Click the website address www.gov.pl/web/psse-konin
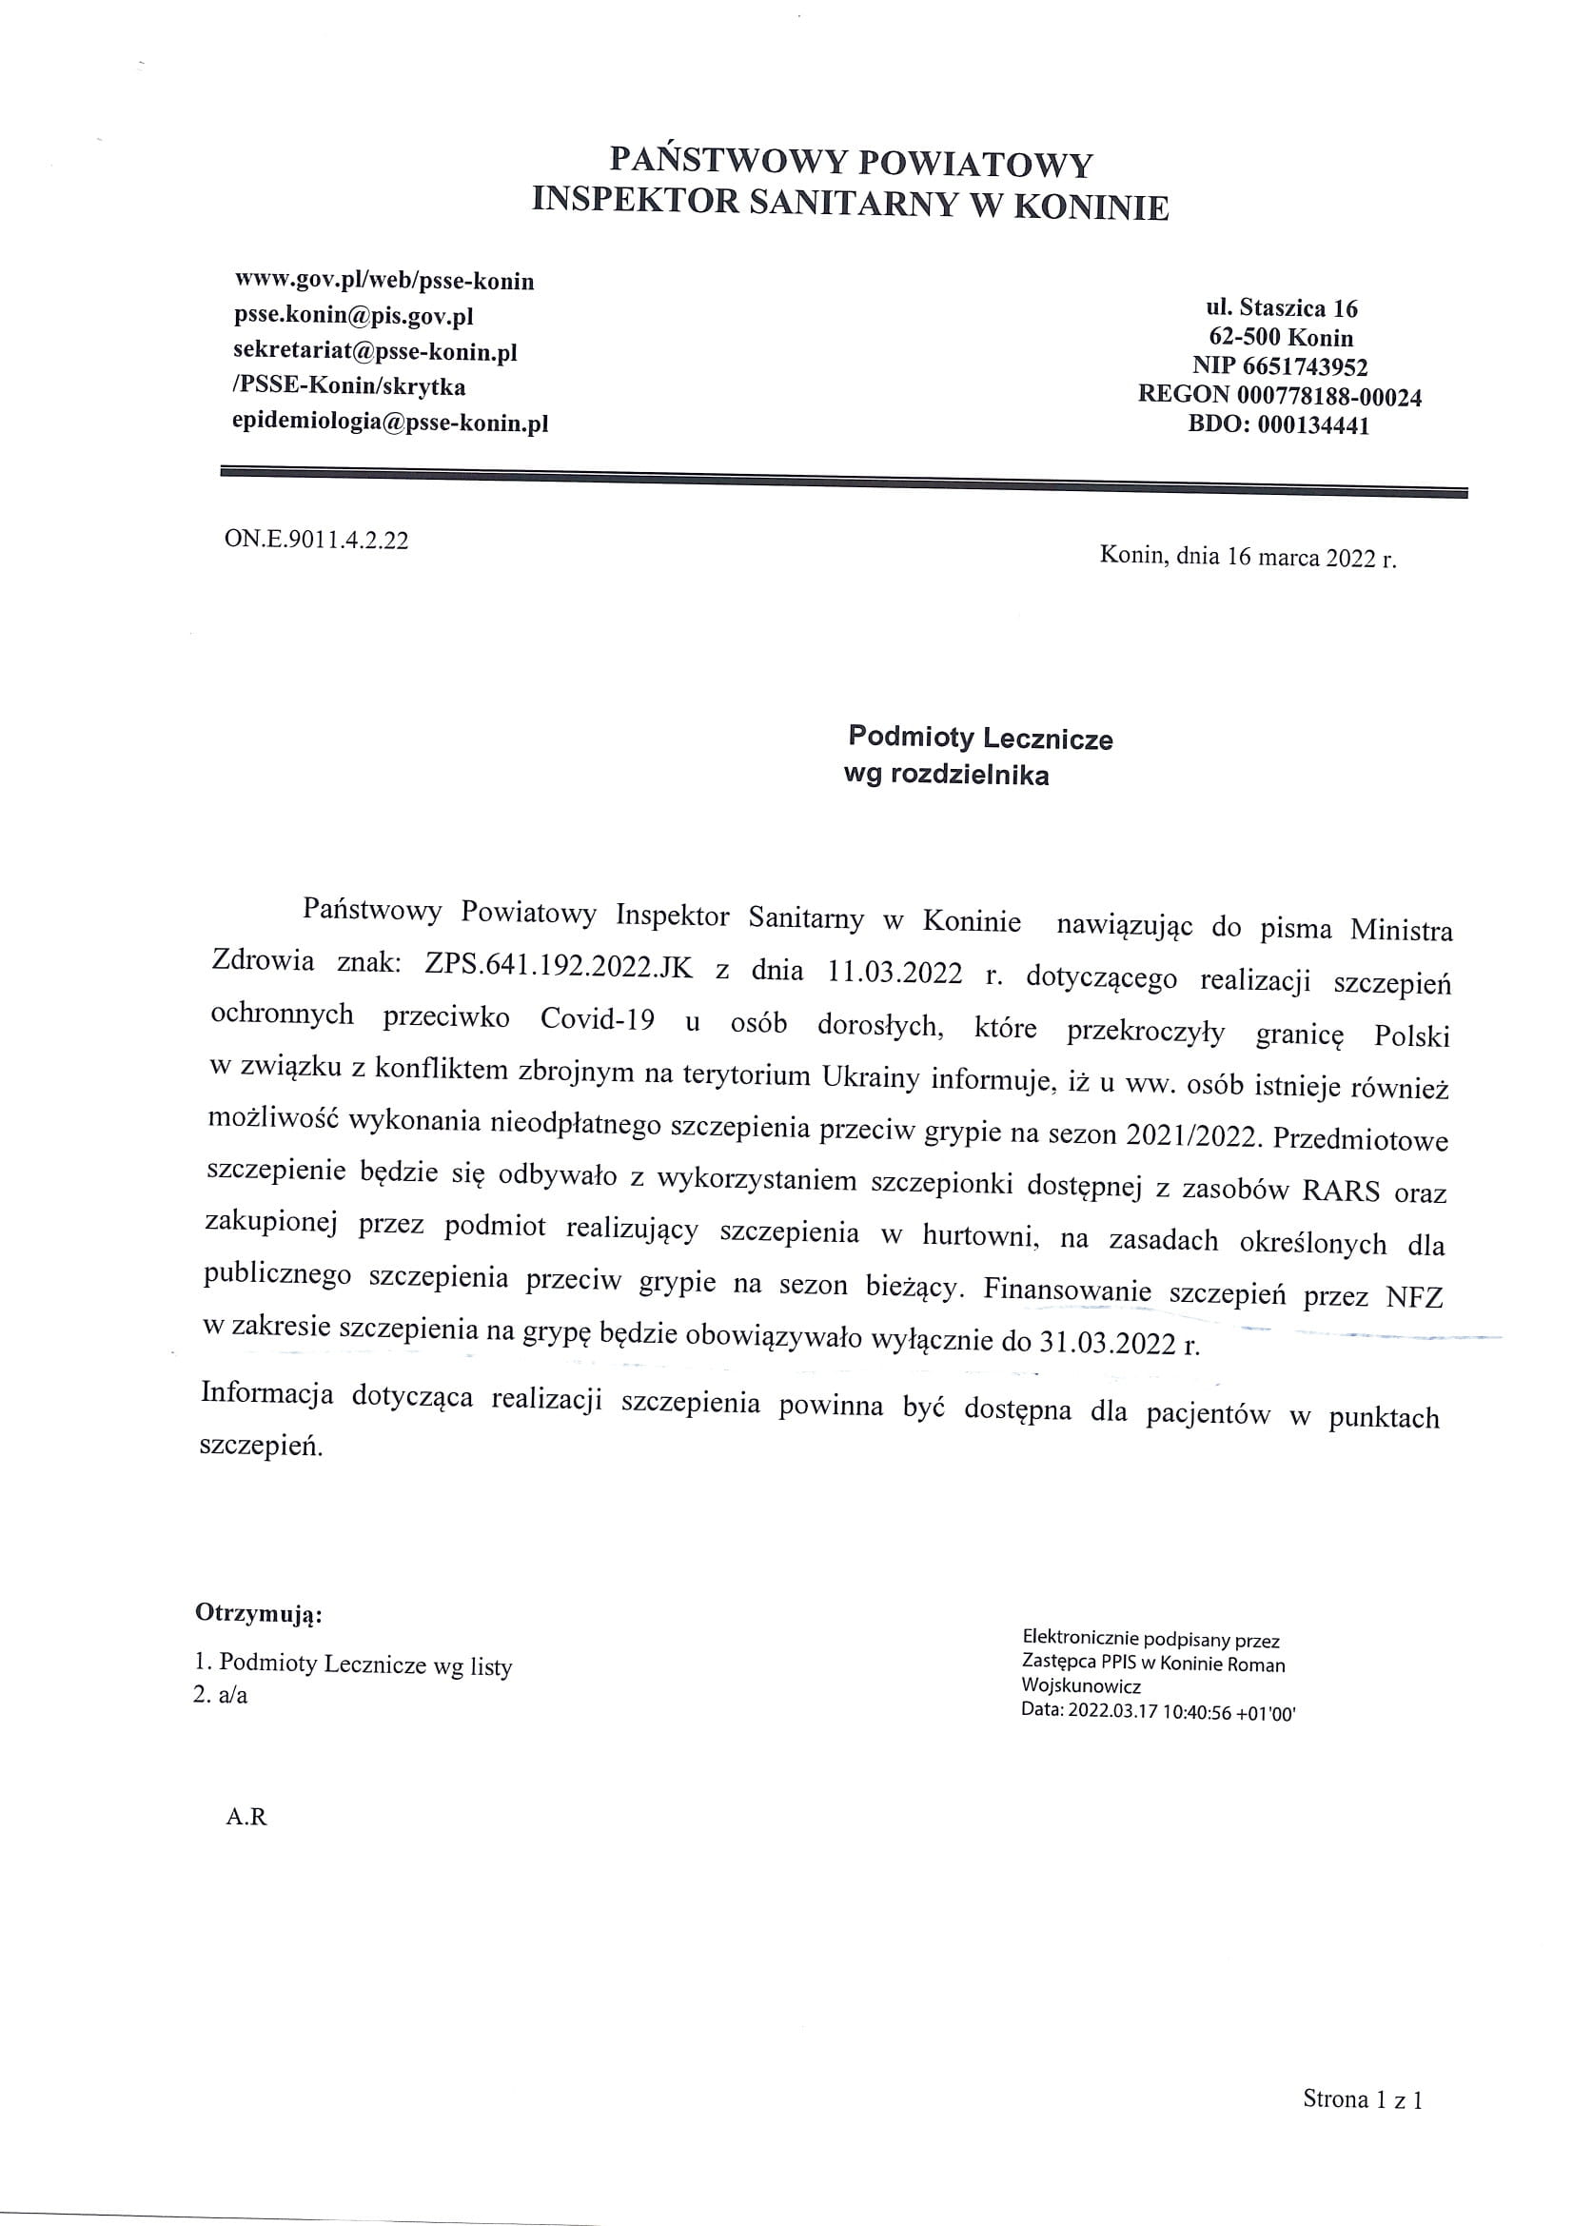[383, 281]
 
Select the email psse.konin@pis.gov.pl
[353, 316]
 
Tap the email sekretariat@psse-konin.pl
[375, 351]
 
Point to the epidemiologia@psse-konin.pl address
[389, 423]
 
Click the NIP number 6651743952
[1305, 366]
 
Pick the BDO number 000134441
[1313, 425]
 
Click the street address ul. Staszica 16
[1281, 308]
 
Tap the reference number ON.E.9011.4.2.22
[316, 540]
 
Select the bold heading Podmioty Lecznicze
[980, 738]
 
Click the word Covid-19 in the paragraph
[597, 1019]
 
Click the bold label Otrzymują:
[259, 1613]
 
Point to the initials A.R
[246, 1817]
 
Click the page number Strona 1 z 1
[1362, 2099]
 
